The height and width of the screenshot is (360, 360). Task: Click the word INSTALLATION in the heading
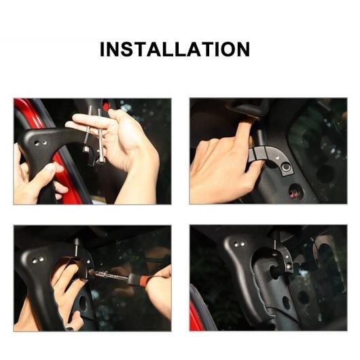[x=175, y=49]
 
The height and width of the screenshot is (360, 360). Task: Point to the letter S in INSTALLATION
[x=128, y=49]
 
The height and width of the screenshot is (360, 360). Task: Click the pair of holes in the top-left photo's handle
[x=40, y=143]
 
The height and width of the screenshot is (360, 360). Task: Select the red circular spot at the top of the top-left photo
[x=105, y=106]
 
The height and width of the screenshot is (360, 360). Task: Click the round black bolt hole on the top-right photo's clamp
[x=286, y=167]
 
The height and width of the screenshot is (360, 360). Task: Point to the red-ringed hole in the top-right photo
[x=293, y=191]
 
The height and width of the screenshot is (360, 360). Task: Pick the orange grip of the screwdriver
[x=144, y=279]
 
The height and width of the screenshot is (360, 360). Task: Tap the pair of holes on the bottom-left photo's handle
[x=38, y=260]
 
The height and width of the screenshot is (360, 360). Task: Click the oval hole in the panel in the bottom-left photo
[x=82, y=304]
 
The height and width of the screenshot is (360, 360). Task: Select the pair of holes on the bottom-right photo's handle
[x=239, y=245]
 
